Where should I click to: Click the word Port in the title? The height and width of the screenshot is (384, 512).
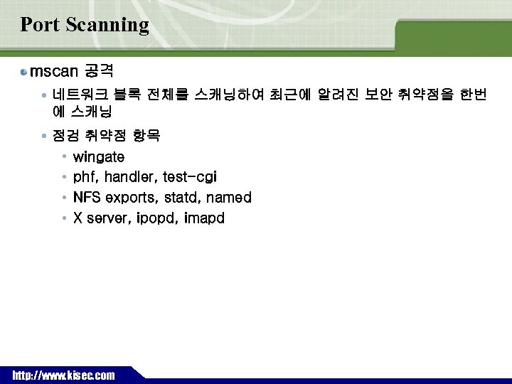tap(39, 25)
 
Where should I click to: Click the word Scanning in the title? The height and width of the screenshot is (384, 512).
tap(107, 26)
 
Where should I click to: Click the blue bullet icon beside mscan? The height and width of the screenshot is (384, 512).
tap(24, 73)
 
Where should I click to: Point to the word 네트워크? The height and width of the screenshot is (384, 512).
tap(78, 95)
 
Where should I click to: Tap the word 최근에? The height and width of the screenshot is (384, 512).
tap(290, 95)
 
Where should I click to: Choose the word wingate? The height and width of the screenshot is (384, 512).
tap(99, 156)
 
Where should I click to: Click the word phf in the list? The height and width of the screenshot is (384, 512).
tap(85, 177)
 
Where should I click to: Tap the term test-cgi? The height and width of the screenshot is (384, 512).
tap(190, 177)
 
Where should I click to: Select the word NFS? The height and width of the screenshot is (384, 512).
tap(87, 198)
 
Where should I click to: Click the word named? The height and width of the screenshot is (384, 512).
tap(228, 198)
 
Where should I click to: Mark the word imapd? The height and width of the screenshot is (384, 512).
tap(203, 218)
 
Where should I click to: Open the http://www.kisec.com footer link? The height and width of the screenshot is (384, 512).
tap(63, 375)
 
